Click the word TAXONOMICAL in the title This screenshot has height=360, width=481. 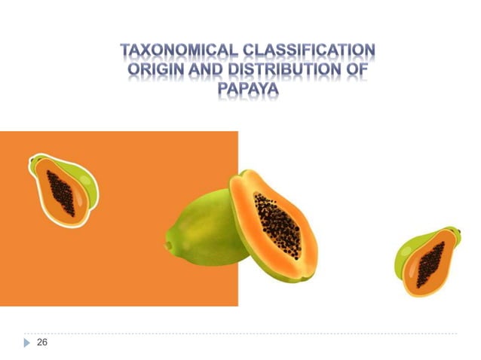(x=177, y=52)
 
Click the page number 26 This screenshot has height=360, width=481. (x=42, y=343)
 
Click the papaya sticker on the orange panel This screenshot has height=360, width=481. (x=63, y=188)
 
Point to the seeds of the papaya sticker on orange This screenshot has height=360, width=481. (x=61, y=191)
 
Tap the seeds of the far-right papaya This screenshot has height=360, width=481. (x=430, y=264)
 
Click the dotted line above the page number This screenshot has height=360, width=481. (x=241, y=333)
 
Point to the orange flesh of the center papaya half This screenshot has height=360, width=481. (x=249, y=226)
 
